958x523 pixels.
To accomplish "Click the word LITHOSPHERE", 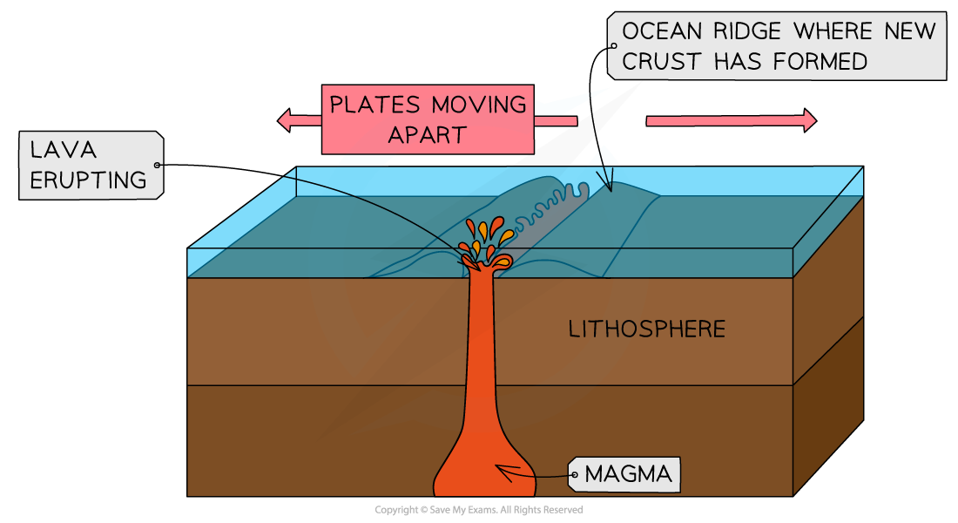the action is point(647,329).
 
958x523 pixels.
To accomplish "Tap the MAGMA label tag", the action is point(624,474).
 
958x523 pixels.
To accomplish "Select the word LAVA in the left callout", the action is point(64,150).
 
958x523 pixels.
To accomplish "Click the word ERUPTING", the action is point(89,180).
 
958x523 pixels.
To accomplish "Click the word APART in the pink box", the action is point(428,135).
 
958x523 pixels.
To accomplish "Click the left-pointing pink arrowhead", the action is point(284,120).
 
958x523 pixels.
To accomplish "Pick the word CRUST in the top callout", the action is point(661,62).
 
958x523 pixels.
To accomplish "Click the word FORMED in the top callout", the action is point(820,62).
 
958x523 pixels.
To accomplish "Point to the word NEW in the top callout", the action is point(910,31).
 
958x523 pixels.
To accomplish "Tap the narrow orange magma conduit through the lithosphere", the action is point(482,343).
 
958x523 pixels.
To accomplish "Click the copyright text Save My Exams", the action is point(463,510).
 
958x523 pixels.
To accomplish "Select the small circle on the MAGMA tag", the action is point(574,475).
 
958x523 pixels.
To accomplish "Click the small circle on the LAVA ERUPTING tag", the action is point(157,165).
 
